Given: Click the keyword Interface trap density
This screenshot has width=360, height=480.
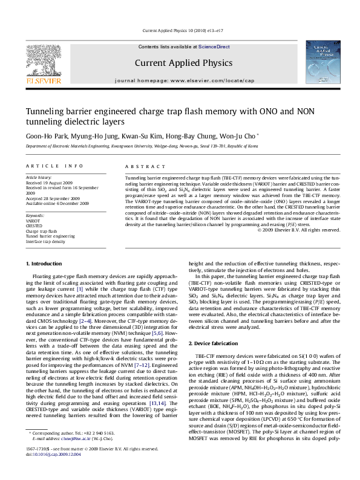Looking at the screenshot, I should tap(45, 241).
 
